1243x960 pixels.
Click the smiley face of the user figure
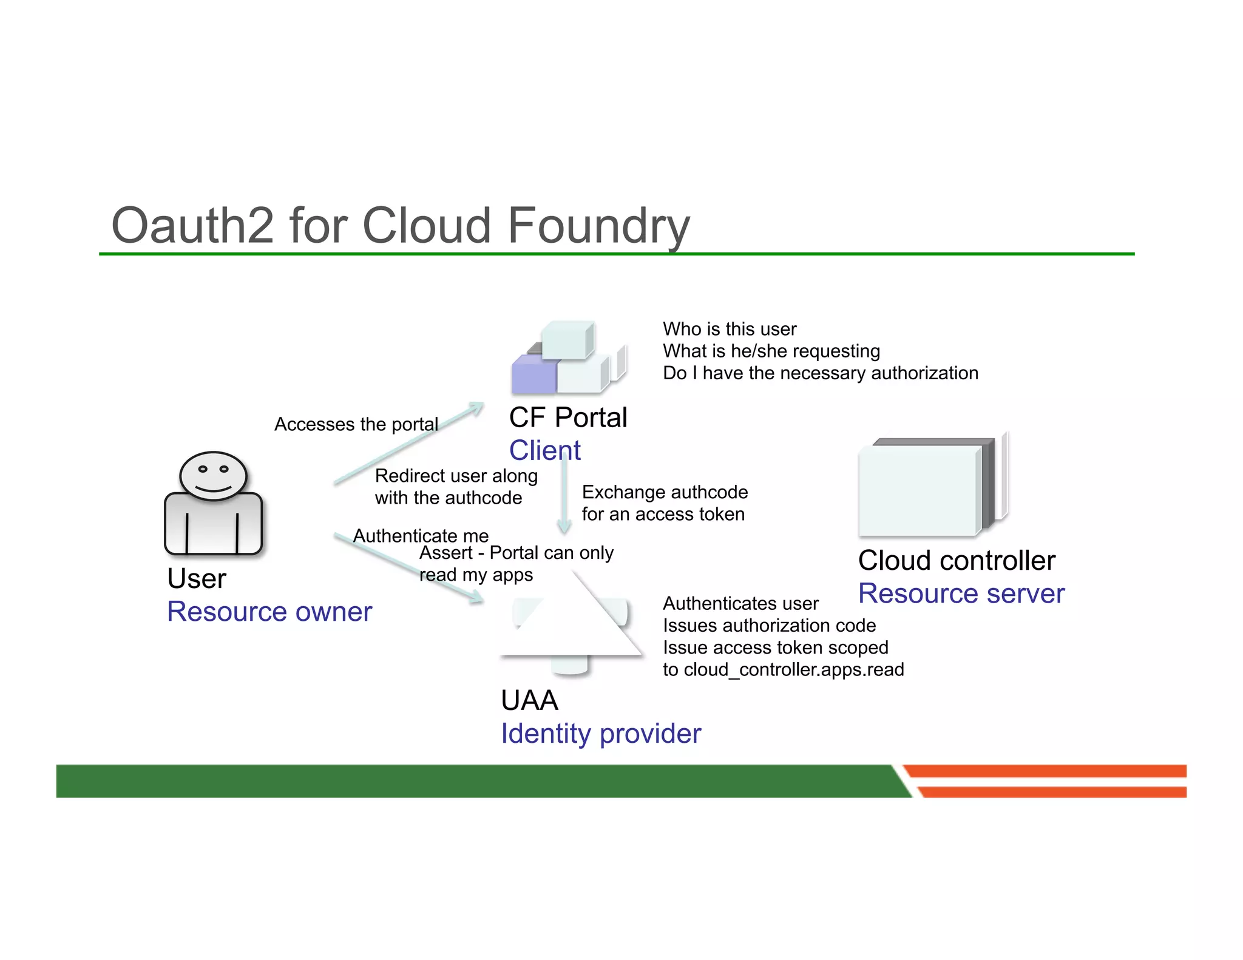coord(213,475)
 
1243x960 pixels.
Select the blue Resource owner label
coord(269,611)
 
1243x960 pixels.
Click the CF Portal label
coord(567,417)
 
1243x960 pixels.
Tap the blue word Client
coord(544,450)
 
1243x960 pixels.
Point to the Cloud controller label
coord(957,560)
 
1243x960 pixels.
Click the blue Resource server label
coord(961,593)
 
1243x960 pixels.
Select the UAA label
coord(529,700)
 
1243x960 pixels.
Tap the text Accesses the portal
coord(356,424)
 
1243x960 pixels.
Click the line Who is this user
coord(729,329)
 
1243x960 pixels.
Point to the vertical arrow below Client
coord(564,498)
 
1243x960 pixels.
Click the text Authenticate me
coord(420,535)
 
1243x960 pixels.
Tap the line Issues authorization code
coord(769,625)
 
